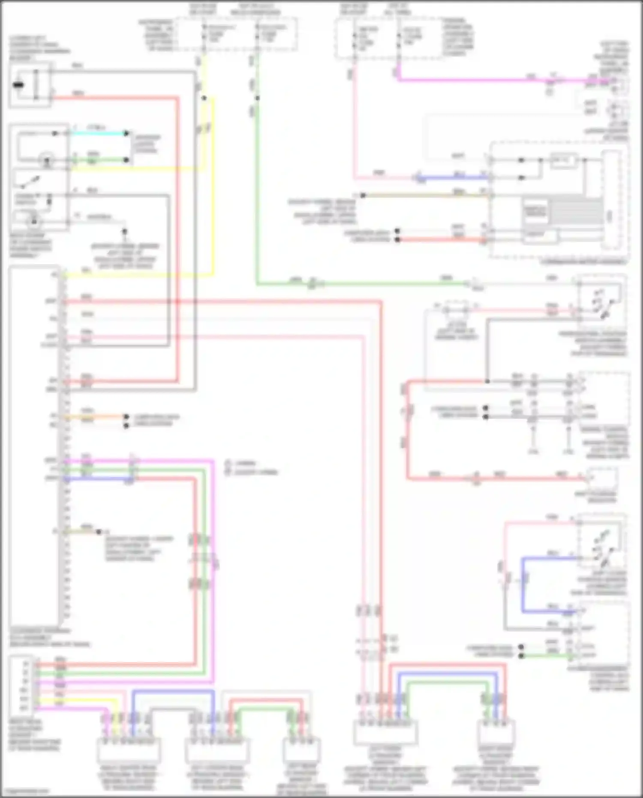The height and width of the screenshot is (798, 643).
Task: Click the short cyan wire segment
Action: (x=99, y=133)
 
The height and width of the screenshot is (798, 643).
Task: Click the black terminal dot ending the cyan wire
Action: (x=126, y=133)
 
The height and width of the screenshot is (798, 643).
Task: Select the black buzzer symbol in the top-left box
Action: (x=18, y=85)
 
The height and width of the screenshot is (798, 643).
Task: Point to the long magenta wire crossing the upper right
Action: (x=472, y=79)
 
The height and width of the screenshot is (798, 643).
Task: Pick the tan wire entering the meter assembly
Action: (x=429, y=195)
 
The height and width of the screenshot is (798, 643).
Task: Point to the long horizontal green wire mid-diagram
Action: (x=386, y=283)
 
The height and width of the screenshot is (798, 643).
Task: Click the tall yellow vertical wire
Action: (x=212, y=193)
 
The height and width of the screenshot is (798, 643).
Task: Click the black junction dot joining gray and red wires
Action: (x=487, y=381)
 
